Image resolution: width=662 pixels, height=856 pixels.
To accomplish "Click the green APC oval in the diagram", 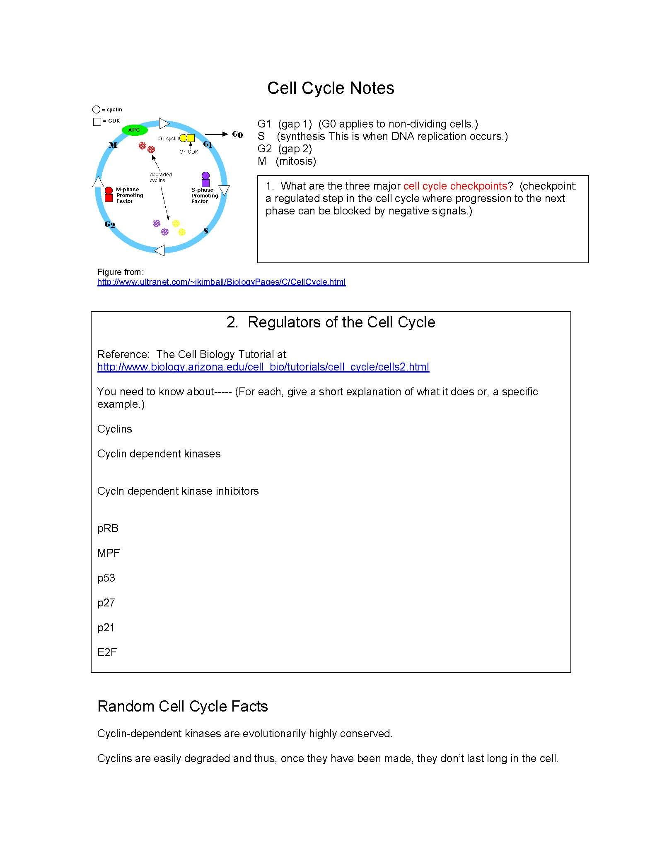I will tap(134, 130).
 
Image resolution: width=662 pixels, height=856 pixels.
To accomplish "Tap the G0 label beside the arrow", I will tap(237, 134).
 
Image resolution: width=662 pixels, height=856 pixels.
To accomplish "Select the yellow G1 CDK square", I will tap(191, 138).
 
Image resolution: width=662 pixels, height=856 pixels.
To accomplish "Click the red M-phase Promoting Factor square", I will tap(109, 198).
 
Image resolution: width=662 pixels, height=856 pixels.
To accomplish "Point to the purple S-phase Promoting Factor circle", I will tap(205, 176).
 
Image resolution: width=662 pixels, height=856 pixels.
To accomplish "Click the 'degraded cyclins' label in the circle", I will tap(160, 178).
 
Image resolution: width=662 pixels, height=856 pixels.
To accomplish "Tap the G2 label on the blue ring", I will tap(110, 225).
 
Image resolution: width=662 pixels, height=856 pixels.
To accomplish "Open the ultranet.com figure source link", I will tap(221, 282).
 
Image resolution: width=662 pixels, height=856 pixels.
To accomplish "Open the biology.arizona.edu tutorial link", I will tap(263, 367).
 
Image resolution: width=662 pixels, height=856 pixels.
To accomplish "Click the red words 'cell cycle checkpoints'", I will tap(455, 186).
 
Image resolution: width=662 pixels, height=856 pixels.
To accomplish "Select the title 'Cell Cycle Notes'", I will tap(331, 88).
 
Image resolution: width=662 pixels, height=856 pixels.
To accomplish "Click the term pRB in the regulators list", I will tap(108, 528).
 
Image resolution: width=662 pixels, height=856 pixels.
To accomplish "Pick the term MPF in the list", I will tap(109, 553).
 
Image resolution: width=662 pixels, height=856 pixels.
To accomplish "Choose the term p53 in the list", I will tap(106, 578).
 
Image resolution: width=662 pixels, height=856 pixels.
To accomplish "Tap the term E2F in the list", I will tap(107, 652).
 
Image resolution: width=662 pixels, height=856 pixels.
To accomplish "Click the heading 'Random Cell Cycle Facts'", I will tap(183, 706).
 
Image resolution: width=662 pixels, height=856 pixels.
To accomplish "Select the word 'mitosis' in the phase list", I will tap(296, 161).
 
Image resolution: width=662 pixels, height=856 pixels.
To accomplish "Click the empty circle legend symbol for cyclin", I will tap(97, 110).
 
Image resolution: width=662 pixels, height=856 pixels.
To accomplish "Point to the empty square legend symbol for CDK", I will tap(97, 122).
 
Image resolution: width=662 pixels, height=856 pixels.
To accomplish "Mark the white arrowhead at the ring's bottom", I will tap(159, 250).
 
